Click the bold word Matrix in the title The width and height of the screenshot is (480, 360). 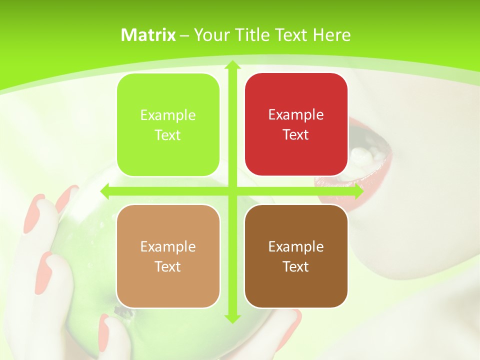[148, 35]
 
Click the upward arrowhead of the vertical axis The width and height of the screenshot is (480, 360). [232, 65]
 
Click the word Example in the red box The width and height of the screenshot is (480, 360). [296, 114]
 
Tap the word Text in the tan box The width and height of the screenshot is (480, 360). [168, 266]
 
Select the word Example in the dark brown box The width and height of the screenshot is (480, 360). [296, 246]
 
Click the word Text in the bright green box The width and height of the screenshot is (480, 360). [168, 135]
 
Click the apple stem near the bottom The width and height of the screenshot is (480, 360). [120, 311]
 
